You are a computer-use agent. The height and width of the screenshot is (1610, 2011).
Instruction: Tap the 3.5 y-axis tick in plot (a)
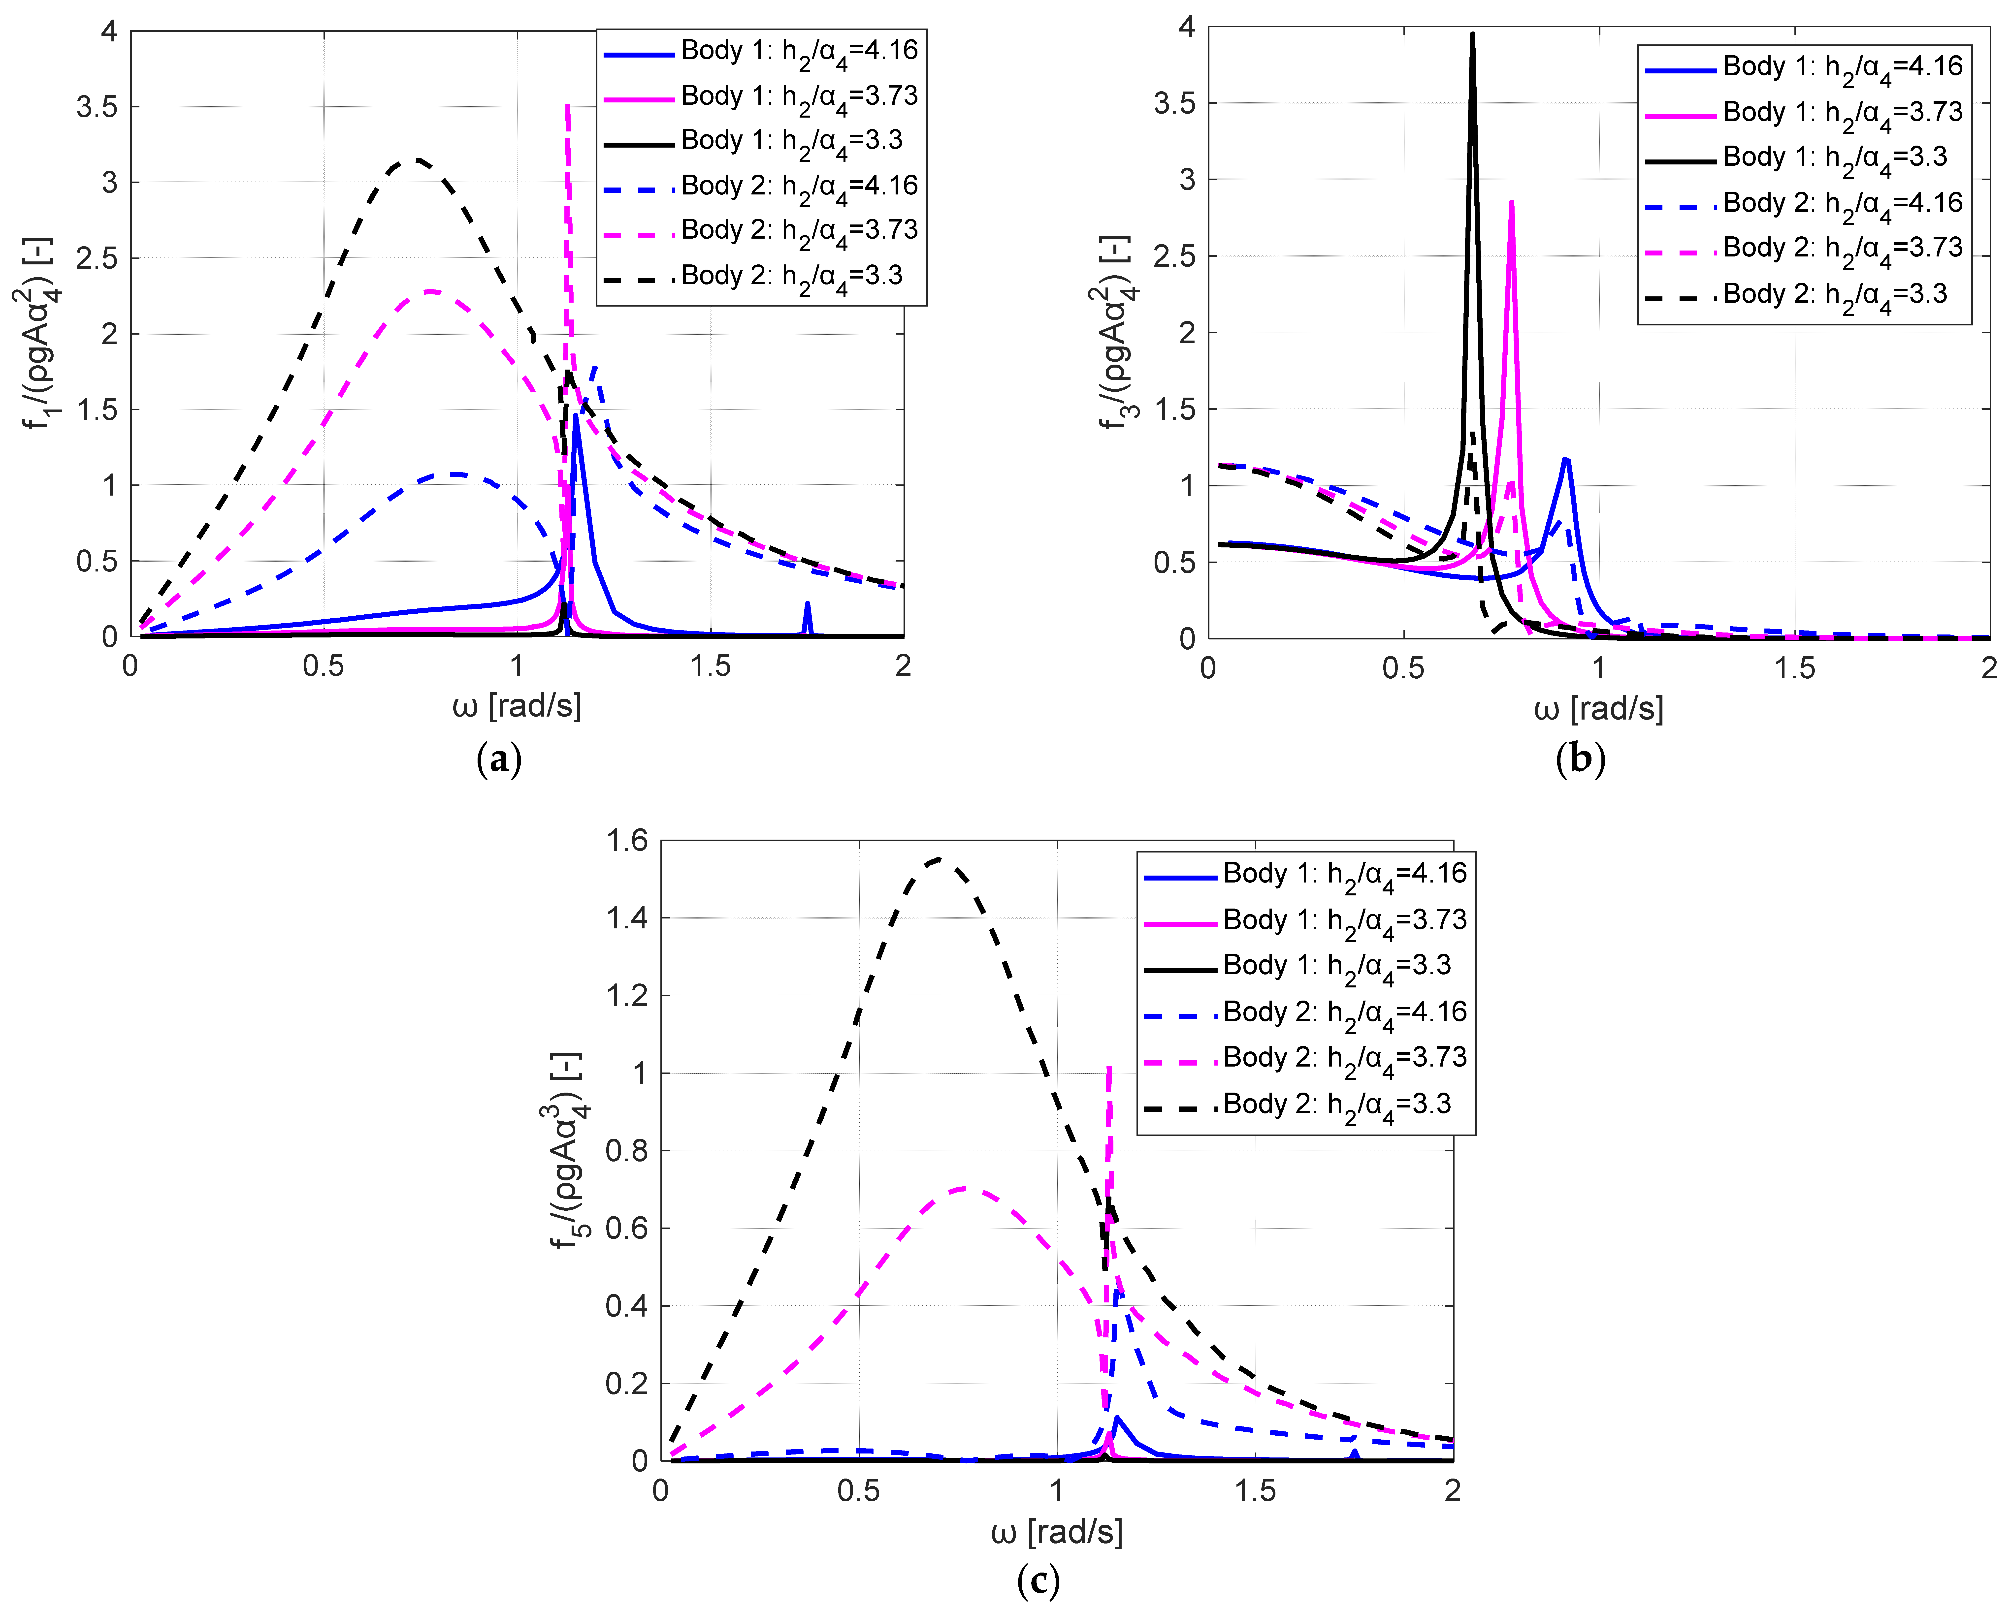click(97, 107)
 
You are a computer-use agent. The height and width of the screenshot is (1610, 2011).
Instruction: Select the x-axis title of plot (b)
click(1598, 709)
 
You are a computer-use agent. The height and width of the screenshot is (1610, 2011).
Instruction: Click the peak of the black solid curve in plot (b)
click(1472, 35)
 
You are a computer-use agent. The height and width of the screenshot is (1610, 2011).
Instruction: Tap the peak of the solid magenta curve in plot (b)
click(1511, 202)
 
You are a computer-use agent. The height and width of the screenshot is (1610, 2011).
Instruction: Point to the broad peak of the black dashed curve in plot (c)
click(938, 859)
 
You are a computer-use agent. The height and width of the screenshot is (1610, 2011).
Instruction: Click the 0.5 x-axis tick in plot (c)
click(858, 1491)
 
